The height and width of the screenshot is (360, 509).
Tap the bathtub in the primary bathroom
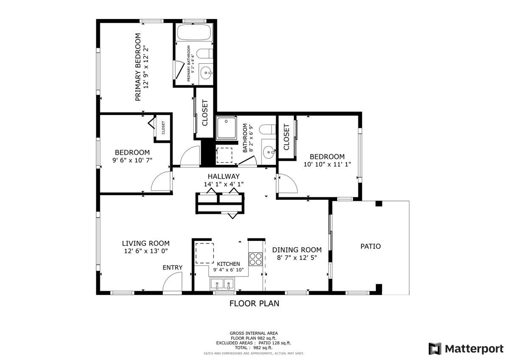[x=195, y=33]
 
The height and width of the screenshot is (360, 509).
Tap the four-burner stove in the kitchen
[x=255, y=259]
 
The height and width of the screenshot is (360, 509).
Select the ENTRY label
[x=173, y=268]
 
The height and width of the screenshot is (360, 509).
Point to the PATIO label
[x=370, y=246]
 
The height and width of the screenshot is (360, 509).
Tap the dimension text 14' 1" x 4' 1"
[x=224, y=184]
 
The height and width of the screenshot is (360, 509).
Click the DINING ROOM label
[x=296, y=250]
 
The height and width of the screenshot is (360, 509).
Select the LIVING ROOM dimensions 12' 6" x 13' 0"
[x=145, y=251]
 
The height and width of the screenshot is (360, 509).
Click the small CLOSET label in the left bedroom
[x=163, y=127]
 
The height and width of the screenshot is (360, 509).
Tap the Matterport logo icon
[x=435, y=349]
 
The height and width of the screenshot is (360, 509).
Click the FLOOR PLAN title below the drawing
[x=254, y=303]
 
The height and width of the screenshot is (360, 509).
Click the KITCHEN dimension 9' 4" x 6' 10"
[x=228, y=270]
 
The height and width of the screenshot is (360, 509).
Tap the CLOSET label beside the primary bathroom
[x=205, y=113]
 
